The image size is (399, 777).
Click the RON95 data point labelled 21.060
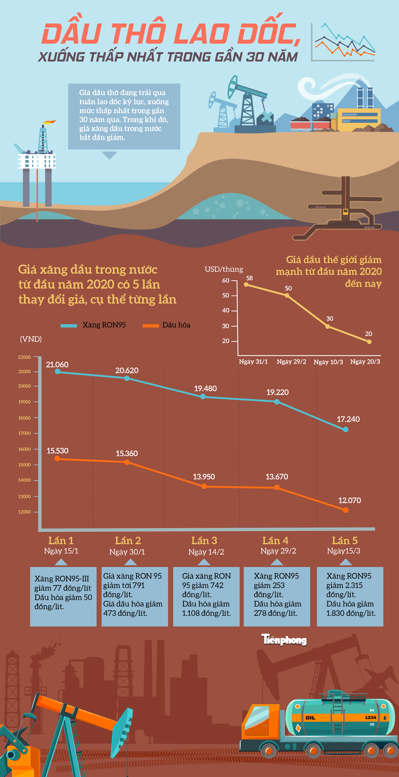pyautogui.click(x=57, y=371)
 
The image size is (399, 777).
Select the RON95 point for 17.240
pyautogui.click(x=346, y=430)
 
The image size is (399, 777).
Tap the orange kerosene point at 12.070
pyautogui.click(x=346, y=510)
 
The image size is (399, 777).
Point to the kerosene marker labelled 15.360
pyautogui.click(x=127, y=462)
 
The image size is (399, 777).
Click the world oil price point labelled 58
pyautogui.click(x=246, y=285)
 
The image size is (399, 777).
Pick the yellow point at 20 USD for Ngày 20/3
pyautogui.click(x=369, y=342)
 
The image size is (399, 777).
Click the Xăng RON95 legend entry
pyautogui.click(x=93, y=325)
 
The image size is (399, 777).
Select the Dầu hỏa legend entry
pyautogui.click(x=166, y=325)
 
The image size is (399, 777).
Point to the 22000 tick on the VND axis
pyautogui.click(x=25, y=357)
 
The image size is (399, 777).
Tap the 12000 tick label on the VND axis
pyautogui.click(x=25, y=512)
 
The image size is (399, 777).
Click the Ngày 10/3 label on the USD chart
pyautogui.click(x=328, y=362)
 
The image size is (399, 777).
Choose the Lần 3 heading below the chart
pyautogui.click(x=204, y=541)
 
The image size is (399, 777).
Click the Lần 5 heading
pyautogui.click(x=344, y=541)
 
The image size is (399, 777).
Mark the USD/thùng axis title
pyautogui.click(x=224, y=269)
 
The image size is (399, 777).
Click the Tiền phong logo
pyautogui.click(x=284, y=639)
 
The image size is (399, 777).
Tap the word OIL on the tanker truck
pyautogui.click(x=310, y=718)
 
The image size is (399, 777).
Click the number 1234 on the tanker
pyautogui.click(x=370, y=718)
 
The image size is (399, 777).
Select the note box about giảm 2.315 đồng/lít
pyautogui.click(x=350, y=596)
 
